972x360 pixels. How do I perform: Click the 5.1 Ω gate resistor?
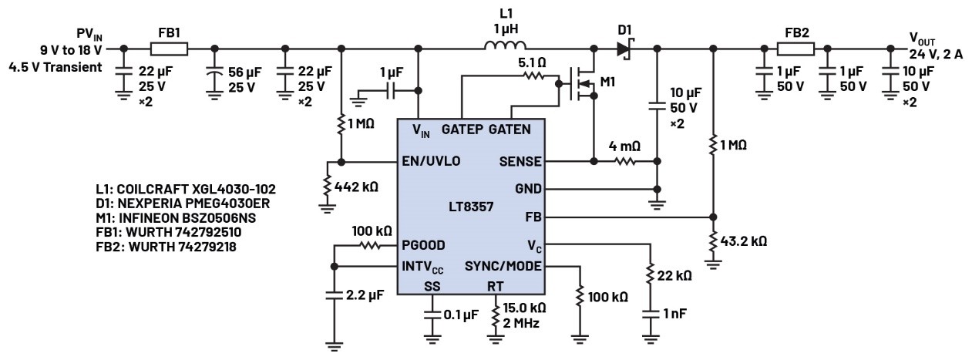pos(533,76)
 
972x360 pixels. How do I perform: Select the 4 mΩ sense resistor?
pos(624,162)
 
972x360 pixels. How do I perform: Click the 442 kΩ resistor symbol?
pos(329,186)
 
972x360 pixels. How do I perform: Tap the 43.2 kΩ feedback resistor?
pos(713,241)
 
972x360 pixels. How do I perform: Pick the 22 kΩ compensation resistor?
pos(651,275)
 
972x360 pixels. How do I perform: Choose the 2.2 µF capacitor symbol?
pos(334,294)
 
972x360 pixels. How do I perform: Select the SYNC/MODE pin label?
pos(503,267)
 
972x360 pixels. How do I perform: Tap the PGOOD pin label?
pos(423,246)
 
